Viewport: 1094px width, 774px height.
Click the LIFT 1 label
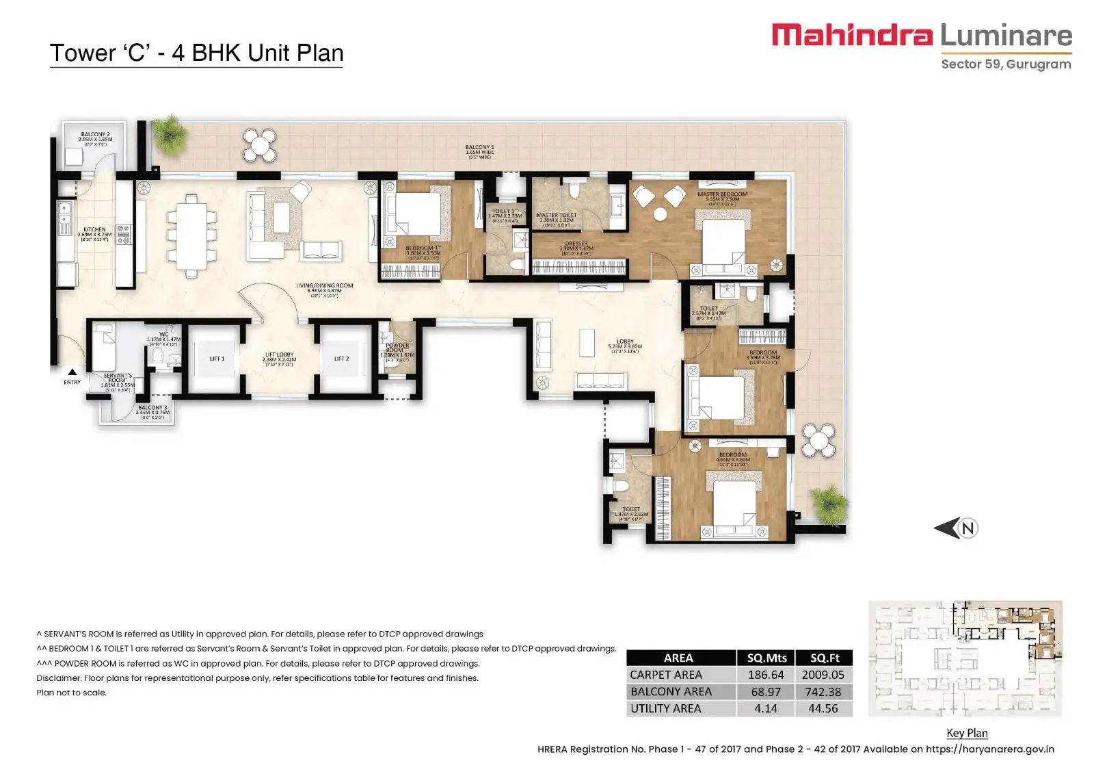(x=217, y=359)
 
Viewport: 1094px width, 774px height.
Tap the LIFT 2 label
(x=341, y=359)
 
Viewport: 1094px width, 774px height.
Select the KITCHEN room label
(x=94, y=230)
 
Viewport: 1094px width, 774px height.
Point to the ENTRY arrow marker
(x=72, y=373)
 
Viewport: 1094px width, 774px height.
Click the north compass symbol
(x=957, y=528)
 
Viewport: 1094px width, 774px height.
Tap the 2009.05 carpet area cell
(x=823, y=675)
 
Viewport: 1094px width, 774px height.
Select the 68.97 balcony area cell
(x=765, y=692)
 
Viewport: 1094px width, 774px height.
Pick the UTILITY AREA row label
(x=665, y=709)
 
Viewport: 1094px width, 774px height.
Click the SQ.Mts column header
(x=766, y=658)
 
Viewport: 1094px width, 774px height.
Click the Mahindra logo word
(x=852, y=35)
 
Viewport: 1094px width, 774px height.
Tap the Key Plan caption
(x=967, y=733)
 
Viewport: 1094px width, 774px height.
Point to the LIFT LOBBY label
(x=279, y=355)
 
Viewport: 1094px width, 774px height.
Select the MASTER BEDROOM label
(x=722, y=194)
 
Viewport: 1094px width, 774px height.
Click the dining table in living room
(x=192, y=235)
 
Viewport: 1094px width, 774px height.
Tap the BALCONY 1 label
(x=479, y=148)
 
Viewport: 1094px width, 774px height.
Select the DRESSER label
(x=576, y=244)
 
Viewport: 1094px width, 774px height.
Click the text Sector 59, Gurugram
(x=1006, y=64)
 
